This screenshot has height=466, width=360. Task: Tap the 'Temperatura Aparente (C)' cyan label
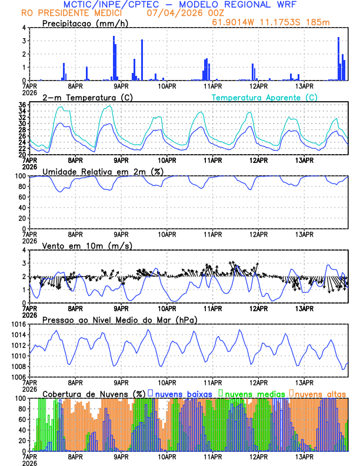264,97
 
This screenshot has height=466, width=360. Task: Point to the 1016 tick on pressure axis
19,324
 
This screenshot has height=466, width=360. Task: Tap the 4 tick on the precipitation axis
24,28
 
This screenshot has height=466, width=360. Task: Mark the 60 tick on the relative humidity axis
21,197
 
